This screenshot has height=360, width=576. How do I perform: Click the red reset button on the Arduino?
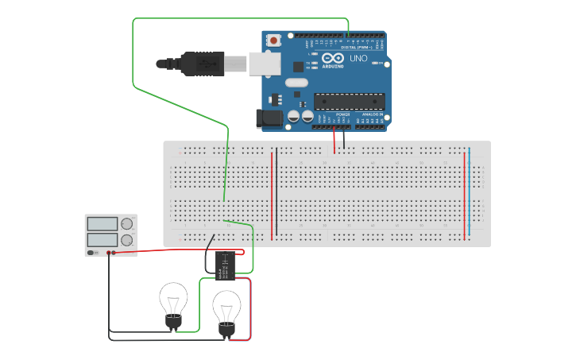click(x=273, y=40)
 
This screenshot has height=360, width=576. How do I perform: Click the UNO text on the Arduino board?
click(x=358, y=58)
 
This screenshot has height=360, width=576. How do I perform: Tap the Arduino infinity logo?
click(x=334, y=58)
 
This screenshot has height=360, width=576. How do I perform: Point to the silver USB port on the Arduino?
click(x=265, y=64)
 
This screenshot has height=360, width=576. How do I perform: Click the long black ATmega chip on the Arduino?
click(x=350, y=101)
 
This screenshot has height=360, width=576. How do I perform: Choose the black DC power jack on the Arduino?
click(x=268, y=119)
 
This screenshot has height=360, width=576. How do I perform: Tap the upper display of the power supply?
click(x=102, y=224)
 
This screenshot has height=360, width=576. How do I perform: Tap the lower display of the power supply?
click(x=102, y=239)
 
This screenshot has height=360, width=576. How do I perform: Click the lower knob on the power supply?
click(x=127, y=240)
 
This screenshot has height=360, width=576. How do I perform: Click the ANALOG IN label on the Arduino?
click(x=370, y=114)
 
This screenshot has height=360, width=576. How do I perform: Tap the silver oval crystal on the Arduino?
click(x=296, y=82)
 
